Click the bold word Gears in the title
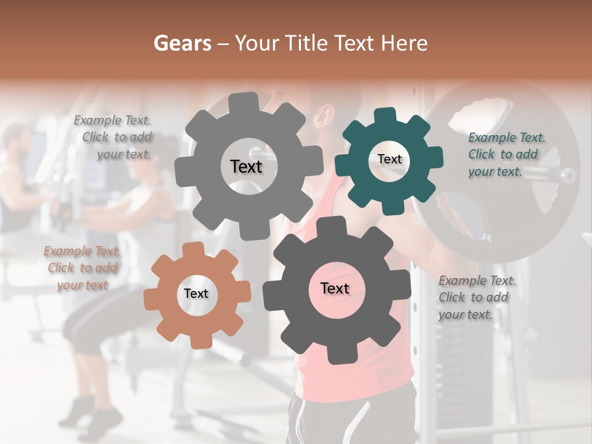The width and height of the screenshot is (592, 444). pyautogui.click(x=183, y=43)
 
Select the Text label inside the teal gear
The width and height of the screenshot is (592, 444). pyautogui.click(x=389, y=159)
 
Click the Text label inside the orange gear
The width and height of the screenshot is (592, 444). pyautogui.click(x=196, y=294)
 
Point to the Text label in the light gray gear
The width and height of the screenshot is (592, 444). pyautogui.click(x=246, y=166)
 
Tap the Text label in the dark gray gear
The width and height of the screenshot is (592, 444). pyautogui.click(x=335, y=288)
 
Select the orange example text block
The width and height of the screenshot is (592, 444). pyautogui.click(x=82, y=268)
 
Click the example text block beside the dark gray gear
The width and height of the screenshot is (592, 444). pyautogui.click(x=474, y=297)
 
